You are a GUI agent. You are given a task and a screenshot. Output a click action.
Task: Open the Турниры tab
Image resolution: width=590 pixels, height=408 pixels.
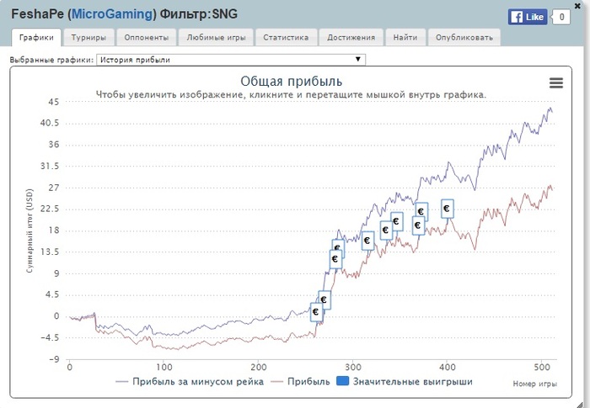coord(88,38)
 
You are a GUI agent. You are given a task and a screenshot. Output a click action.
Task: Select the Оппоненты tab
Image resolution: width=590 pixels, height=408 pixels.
coord(146,38)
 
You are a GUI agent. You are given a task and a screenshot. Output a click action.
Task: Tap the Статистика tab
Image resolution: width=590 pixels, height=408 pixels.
coord(286,38)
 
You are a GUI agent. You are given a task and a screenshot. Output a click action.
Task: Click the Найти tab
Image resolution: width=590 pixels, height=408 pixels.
coord(405,38)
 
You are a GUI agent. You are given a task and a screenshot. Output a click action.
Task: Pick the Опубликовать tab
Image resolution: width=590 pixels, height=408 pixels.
coord(464,38)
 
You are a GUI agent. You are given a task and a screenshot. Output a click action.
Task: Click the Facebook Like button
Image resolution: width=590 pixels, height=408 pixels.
coord(528,17)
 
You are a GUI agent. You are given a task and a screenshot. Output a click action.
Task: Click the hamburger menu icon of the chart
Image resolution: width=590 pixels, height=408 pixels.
coord(555,82)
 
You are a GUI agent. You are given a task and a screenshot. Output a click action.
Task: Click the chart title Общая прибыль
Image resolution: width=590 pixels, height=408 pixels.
coord(291,81)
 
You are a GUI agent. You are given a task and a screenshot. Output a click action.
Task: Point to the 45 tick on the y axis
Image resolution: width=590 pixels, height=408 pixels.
coord(53,102)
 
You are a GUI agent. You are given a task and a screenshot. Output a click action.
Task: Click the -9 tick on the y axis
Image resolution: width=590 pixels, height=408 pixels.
coord(53,359)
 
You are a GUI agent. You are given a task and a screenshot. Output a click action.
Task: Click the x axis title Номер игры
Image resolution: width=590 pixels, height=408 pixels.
coord(534,384)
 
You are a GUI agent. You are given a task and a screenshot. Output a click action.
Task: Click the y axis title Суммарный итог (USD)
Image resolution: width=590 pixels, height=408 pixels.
coord(29,230)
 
